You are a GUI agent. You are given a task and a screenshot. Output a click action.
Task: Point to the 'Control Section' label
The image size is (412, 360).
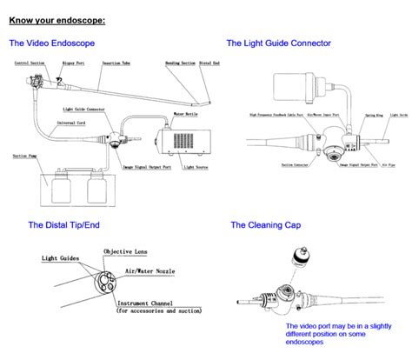(x=30, y=63)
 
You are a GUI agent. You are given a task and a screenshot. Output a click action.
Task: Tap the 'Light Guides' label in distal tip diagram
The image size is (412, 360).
(x=60, y=259)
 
